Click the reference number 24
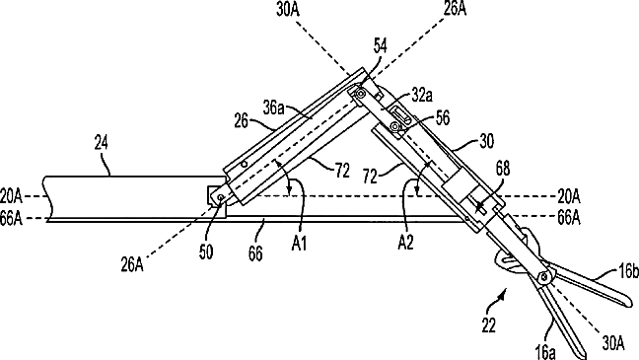[x=101, y=143]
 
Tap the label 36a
[x=272, y=108]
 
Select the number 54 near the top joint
[x=380, y=45]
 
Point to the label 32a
[x=422, y=95]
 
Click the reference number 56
[x=443, y=117]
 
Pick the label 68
[x=503, y=168]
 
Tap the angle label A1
[x=299, y=244]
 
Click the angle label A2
[x=405, y=243]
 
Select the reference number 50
[x=206, y=252]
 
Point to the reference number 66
[x=255, y=253]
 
